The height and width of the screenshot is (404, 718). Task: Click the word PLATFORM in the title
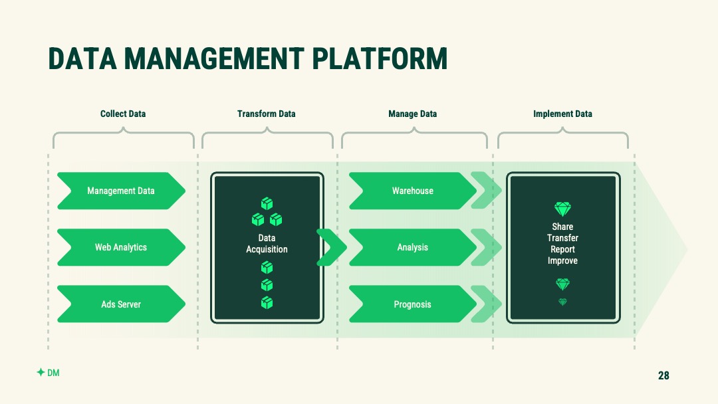click(380, 58)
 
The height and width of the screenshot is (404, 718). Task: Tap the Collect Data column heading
click(123, 114)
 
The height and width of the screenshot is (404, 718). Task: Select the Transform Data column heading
click(266, 114)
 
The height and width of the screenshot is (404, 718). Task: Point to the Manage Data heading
click(413, 114)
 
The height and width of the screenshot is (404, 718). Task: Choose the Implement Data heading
click(562, 114)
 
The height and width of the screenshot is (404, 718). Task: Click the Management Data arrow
click(122, 191)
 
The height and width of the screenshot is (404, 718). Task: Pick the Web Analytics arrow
click(122, 248)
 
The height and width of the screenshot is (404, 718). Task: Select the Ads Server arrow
click(122, 304)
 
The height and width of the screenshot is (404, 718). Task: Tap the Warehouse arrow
click(413, 191)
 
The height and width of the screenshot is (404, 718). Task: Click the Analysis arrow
click(413, 248)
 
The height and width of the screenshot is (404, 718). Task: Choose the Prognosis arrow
click(413, 304)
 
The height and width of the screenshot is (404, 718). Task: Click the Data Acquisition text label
click(267, 243)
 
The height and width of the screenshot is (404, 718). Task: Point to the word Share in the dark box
click(562, 227)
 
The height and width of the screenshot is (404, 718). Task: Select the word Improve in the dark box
click(562, 260)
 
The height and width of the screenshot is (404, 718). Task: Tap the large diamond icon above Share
click(563, 209)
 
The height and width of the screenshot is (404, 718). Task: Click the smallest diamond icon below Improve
click(563, 302)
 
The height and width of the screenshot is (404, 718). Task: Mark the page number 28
click(663, 375)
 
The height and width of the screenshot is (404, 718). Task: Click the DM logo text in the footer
click(53, 373)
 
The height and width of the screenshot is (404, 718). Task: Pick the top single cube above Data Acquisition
click(267, 203)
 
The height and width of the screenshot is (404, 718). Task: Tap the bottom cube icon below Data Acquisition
click(267, 303)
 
